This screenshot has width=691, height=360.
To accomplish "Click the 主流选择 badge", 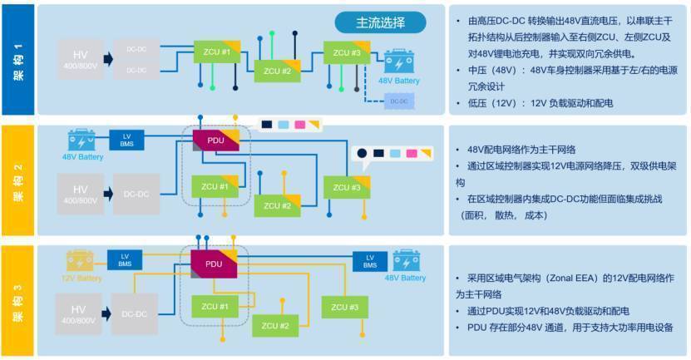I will click(x=380, y=22).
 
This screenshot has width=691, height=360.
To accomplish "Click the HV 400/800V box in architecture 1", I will click(x=81, y=59).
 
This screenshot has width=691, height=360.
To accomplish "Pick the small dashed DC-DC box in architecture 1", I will click(x=400, y=101).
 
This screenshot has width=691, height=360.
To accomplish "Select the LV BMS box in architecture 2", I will click(x=126, y=141).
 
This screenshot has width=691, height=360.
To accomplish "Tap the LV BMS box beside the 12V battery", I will click(x=126, y=260).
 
